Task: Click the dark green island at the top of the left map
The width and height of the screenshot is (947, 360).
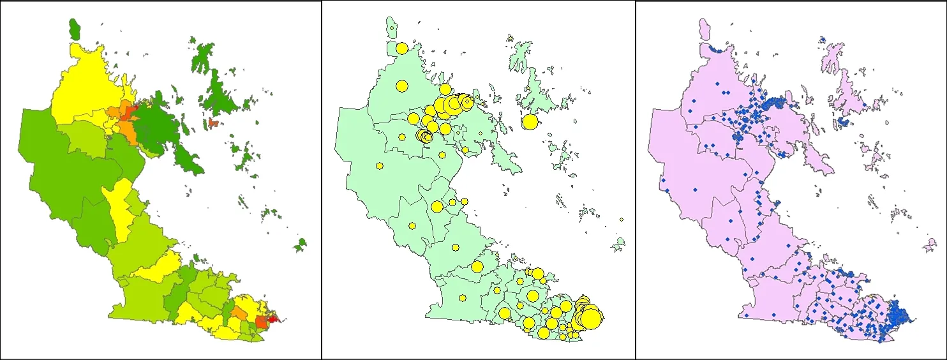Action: click(x=75, y=28)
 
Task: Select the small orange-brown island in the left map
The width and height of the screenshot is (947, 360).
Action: click(x=213, y=122)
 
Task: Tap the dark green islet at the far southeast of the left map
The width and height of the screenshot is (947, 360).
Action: click(x=299, y=244)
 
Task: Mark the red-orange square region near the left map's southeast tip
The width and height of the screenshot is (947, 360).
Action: click(x=262, y=322)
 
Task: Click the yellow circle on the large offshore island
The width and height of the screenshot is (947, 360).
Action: click(x=530, y=122)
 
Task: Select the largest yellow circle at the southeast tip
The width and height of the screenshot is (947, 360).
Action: click(x=590, y=317)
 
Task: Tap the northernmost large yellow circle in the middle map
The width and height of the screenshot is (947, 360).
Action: click(x=402, y=48)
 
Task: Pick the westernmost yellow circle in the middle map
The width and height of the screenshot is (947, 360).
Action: click(x=379, y=166)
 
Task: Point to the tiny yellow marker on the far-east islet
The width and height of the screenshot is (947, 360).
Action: click(x=621, y=220)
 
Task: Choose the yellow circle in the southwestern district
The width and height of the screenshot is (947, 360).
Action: click(x=463, y=297)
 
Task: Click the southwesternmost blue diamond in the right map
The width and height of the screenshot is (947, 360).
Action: click(x=745, y=315)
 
